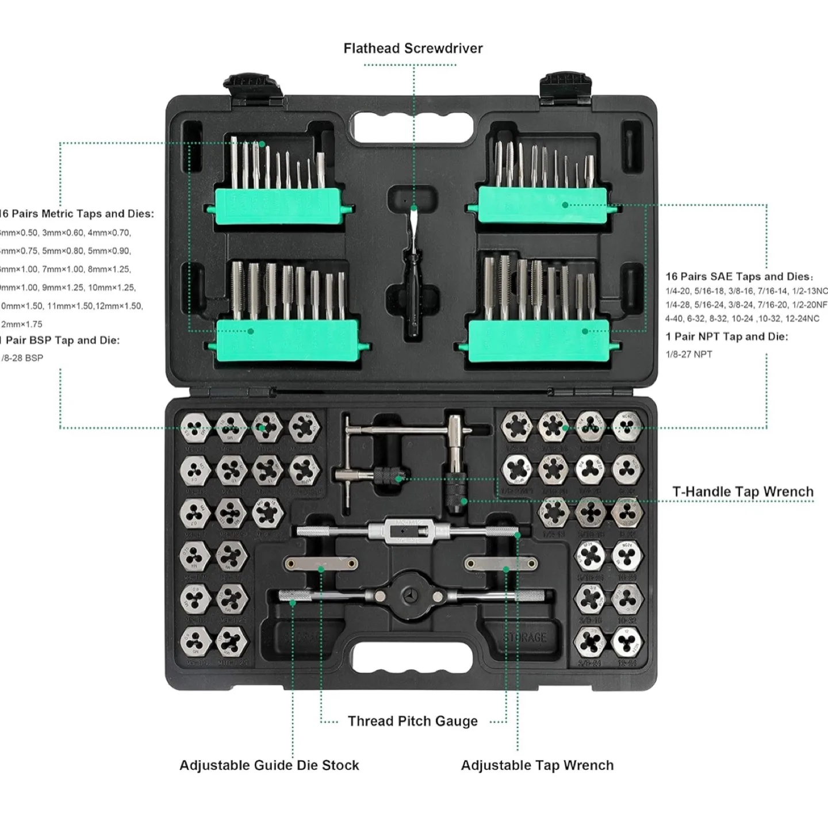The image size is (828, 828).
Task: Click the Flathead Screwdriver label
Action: [x=413, y=48]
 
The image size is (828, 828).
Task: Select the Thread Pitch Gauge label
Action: [x=412, y=721]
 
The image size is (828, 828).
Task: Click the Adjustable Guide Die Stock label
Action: [x=269, y=765]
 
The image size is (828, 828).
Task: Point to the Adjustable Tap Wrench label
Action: [x=537, y=765]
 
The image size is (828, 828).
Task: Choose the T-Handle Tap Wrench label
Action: [x=742, y=492]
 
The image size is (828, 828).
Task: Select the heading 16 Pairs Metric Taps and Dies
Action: [x=77, y=214]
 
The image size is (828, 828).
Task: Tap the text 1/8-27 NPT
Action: [x=689, y=354]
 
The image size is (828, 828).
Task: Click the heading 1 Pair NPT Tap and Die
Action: [x=727, y=336]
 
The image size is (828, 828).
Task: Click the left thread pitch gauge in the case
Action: [x=320, y=563]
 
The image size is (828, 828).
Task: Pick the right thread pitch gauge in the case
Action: [x=501, y=563]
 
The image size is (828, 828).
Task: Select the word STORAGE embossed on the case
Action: [x=525, y=637]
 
